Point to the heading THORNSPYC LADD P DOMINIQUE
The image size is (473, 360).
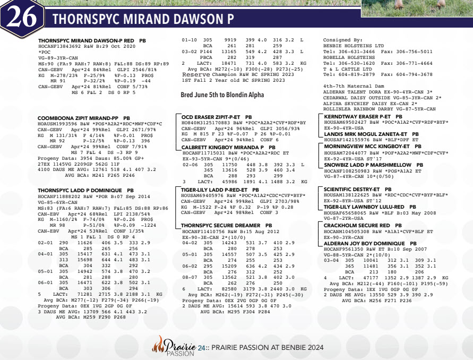[x=82, y=190]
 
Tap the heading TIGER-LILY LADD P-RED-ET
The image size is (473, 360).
[x=220, y=189]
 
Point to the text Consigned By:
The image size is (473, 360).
[x=342, y=40]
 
